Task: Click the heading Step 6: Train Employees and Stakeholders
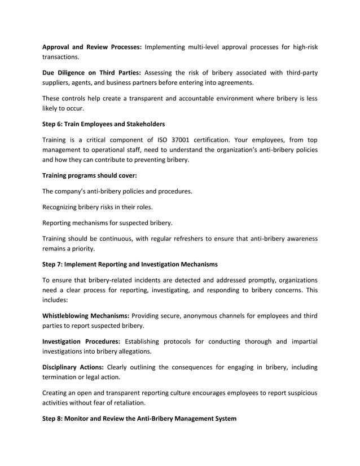click(x=104, y=124)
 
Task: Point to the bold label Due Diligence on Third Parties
click(x=93, y=72)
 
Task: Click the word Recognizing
click(x=64, y=206)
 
